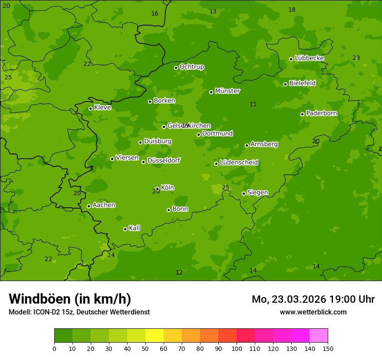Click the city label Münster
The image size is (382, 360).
[x=227, y=91]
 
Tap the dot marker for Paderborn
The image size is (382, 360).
[x=302, y=114]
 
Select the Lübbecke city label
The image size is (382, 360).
[x=309, y=58]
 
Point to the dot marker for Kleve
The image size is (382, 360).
[x=90, y=108]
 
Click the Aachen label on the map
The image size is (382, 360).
[x=104, y=205]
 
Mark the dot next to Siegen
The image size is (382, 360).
[x=244, y=193]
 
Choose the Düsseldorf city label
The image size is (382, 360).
[x=163, y=160]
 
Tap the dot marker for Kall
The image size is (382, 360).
[x=125, y=229]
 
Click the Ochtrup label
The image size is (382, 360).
[x=191, y=67]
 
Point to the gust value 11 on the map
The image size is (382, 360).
[x=253, y=104]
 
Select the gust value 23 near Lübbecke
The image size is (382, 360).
[x=356, y=58]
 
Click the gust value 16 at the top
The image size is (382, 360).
[x=155, y=13]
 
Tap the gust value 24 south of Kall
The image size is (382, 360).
[x=111, y=255]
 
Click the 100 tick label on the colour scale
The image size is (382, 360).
[x=237, y=348]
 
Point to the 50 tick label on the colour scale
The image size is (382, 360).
[x=145, y=348]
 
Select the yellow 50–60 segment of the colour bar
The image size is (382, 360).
[x=155, y=336]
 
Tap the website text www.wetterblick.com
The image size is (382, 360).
[x=313, y=312]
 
